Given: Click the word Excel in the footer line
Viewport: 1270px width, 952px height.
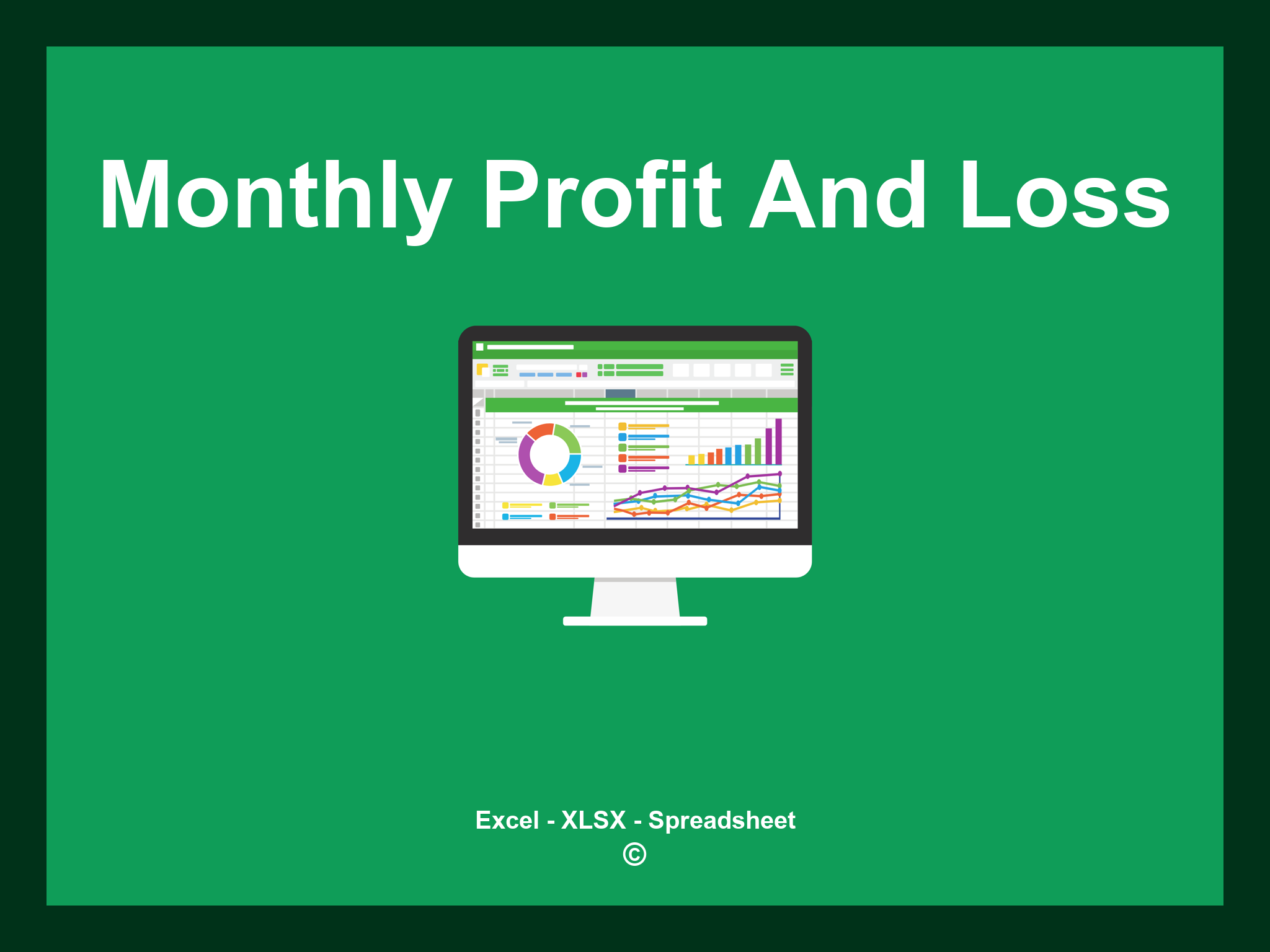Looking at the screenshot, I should point(507,820).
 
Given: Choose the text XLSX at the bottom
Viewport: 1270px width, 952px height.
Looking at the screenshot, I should point(593,820).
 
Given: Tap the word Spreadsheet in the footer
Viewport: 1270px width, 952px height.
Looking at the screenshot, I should point(721,820).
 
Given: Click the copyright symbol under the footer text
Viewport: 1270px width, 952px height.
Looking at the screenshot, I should point(634,854).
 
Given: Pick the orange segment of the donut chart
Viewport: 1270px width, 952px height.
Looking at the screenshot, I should point(540,431).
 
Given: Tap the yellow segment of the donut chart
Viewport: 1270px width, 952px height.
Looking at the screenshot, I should point(552,479).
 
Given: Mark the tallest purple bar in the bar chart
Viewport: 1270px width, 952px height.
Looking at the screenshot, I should point(778,441).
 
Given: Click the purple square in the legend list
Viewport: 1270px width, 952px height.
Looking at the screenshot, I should point(622,469).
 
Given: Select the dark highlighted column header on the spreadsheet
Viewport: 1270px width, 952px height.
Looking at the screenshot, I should point(620,394).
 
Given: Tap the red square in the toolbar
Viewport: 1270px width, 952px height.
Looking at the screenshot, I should point(579,374).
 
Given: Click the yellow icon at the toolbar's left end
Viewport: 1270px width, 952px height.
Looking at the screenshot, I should point(482,369).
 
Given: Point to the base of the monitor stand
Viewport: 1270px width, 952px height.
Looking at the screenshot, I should point(634,621).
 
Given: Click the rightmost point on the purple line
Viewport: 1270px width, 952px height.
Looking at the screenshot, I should point(779,474).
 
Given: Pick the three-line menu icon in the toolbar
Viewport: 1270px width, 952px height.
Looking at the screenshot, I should point(787,369).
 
